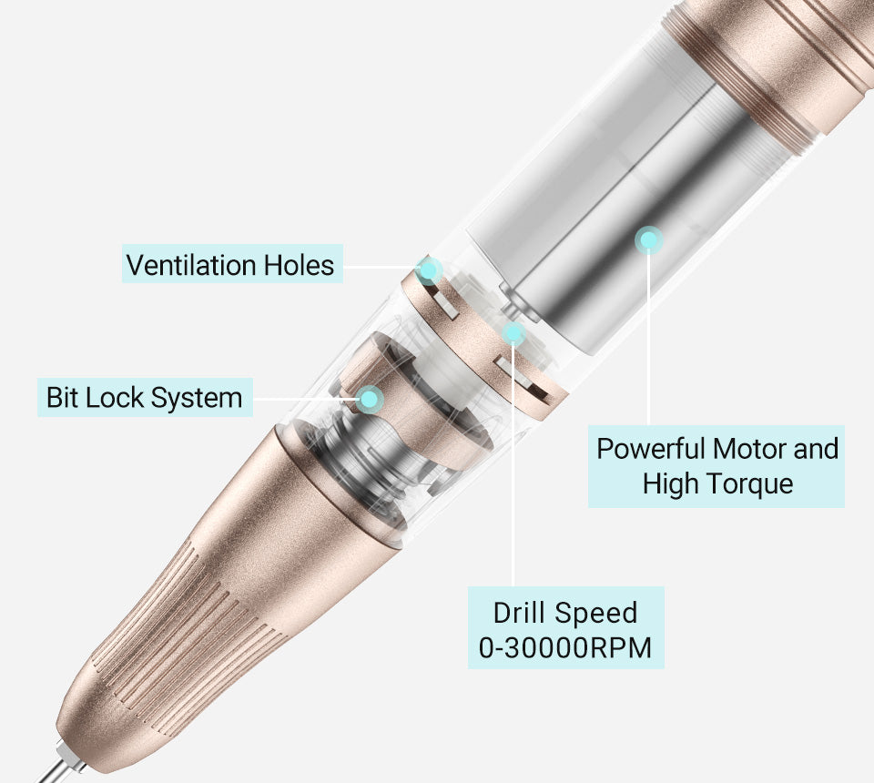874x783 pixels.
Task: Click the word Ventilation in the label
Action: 191,265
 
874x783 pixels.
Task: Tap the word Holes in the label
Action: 299,265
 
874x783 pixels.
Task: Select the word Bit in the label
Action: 62,397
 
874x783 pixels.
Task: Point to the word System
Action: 197,399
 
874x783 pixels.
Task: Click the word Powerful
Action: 650,449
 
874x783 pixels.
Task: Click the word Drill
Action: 518,613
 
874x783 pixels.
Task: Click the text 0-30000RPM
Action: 565,648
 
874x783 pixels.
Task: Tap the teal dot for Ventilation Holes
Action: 428,270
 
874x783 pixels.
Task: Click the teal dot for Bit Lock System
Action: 369,399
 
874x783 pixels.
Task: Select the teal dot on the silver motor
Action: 648,239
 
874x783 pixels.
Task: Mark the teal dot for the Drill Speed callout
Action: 513,333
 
